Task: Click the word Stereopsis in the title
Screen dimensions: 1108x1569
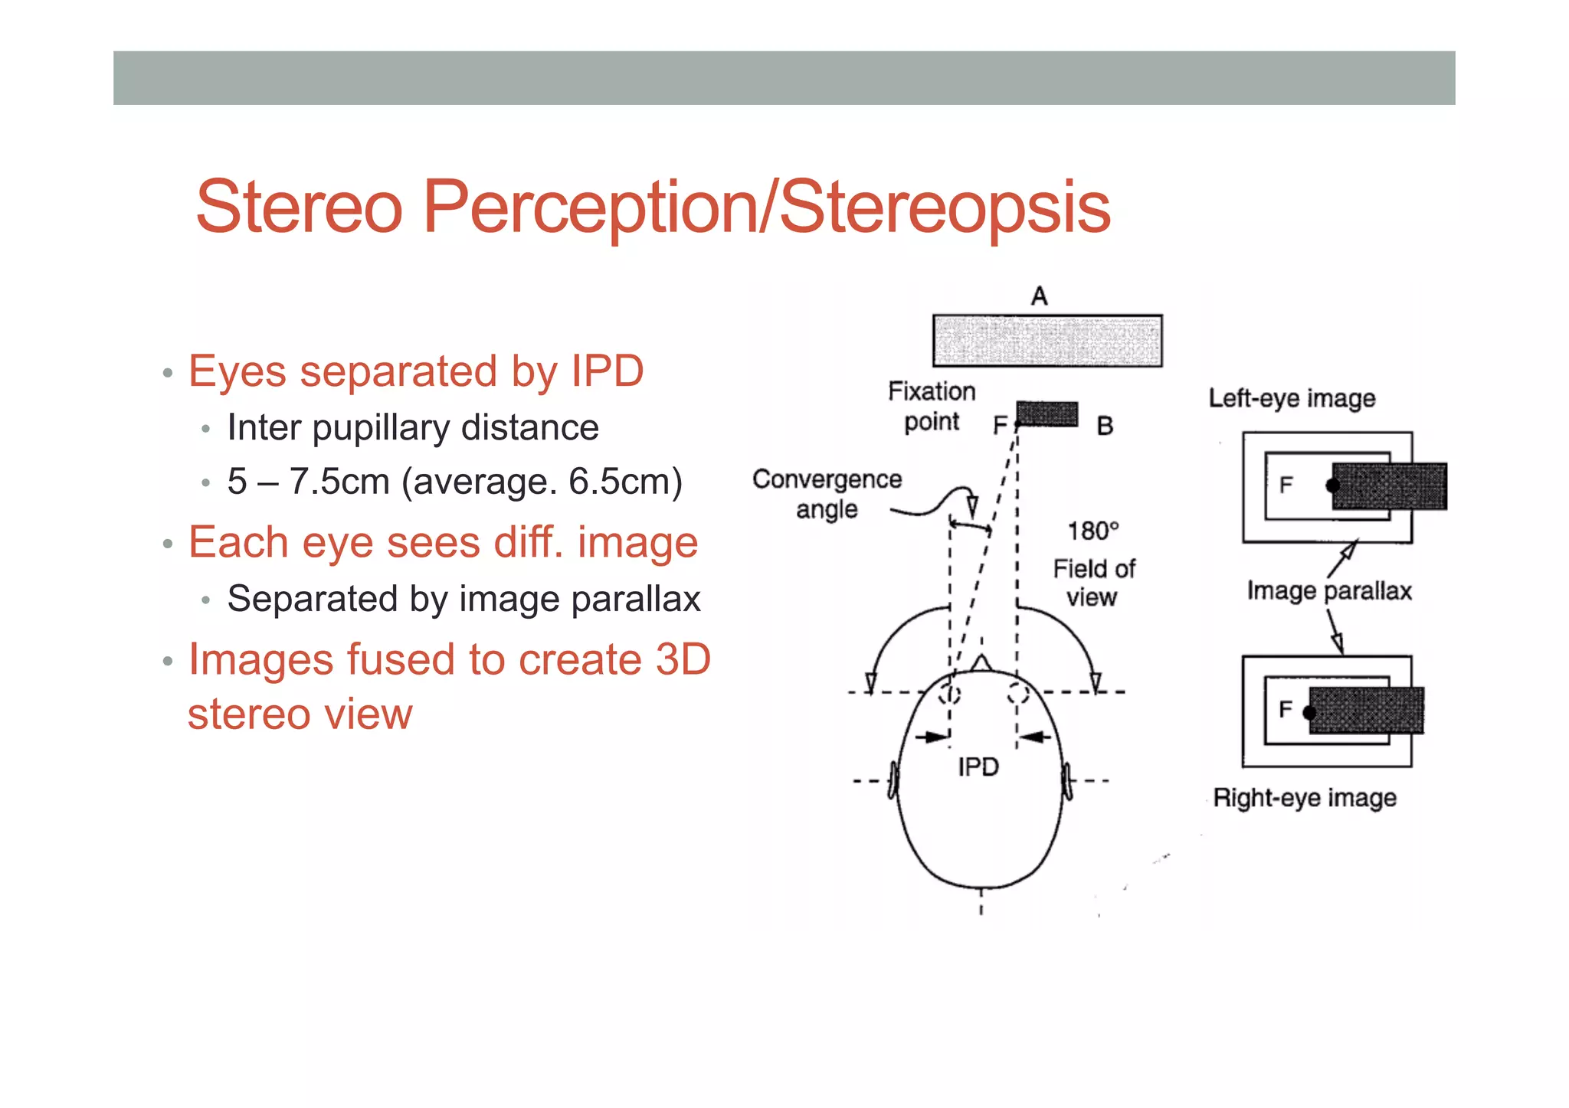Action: coord(944,207)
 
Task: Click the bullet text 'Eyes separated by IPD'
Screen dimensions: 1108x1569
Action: coord(416,372)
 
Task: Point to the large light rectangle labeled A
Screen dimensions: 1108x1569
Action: coord(1047,341)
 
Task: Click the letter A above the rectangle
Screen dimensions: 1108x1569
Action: coord(1039,296)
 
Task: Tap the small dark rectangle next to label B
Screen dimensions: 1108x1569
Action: coord(1047,414)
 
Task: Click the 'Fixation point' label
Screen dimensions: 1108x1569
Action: coord(932,407)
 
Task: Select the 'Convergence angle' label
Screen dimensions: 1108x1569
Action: coord(827,494)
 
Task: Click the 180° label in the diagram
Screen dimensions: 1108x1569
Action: coord(1093,531)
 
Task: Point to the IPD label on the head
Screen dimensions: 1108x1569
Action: coord(978,766)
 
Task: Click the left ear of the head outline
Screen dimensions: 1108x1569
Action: coord(893,781)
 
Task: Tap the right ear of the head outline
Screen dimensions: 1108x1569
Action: coord(1066,781)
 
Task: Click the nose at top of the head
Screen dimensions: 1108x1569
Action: coord(981,662)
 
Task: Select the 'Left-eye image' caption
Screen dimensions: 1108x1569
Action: coord(1292,398)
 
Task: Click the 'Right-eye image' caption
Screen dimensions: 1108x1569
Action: coord(1305,798)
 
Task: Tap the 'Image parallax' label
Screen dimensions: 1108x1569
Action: coord(1328,591)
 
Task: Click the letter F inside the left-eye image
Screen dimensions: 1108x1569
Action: coord(1286,484)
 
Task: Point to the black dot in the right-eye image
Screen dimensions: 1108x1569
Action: coord(1309,713)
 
